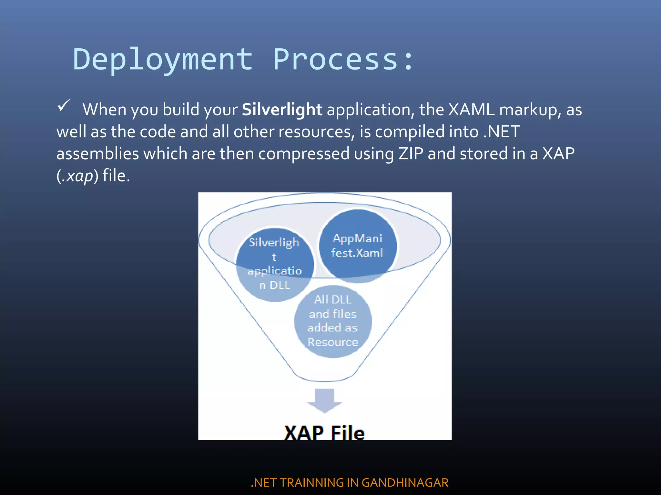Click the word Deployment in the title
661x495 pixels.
[x=163, y=60]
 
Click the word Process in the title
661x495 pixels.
[x=336, y=60]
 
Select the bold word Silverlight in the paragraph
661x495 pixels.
[x=282, y=110]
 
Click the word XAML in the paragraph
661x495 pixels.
[x=471, y=110]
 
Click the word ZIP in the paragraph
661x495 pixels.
[x=411, y=153]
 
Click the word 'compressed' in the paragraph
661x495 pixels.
[x=304, y=154]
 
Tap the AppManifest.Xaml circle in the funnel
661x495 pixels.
[x=357, y=246]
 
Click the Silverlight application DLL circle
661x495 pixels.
[x=275, y=264]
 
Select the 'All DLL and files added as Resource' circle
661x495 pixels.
[x=333, y=321]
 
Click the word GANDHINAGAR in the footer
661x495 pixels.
[x=405, y=482]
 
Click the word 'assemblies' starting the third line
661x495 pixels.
[x=97, y=154]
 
